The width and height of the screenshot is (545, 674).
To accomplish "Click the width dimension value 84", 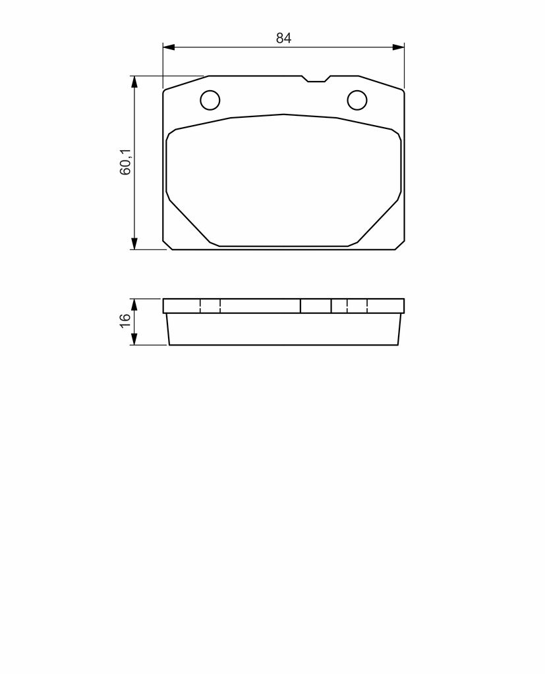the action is tap(283, 38).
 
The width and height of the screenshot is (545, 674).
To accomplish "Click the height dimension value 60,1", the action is tap(125, 162).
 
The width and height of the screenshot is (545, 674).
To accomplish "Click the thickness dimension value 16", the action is tap(125, 321).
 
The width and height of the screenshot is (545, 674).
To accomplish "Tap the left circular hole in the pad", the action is tap(210, 100).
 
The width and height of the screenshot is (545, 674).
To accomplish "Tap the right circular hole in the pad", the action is tap(357, 100).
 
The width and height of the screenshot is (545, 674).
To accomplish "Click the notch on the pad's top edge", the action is tap(316, 79).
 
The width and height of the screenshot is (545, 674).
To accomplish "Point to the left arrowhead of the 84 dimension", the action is tap(168, 47).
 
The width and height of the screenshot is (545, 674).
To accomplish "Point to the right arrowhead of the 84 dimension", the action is tap(399, 47).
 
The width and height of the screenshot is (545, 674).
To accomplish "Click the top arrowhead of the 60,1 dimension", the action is tap(134, 82).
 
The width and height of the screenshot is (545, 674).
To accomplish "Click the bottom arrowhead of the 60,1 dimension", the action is tap(134, 244).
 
